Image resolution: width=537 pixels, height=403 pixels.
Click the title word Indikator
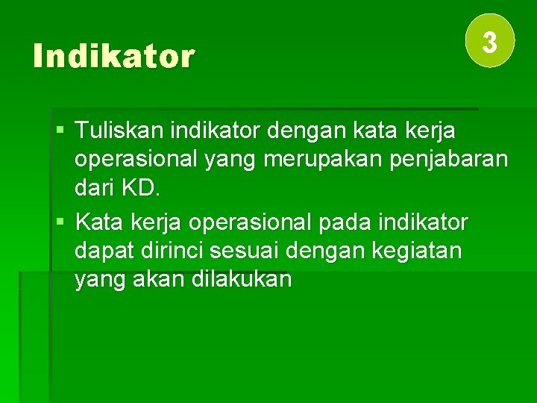click(x=113, y=57)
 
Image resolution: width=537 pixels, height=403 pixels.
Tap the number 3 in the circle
click(x=490, y=42)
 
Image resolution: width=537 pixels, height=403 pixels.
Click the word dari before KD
click(x=94, y=188)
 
